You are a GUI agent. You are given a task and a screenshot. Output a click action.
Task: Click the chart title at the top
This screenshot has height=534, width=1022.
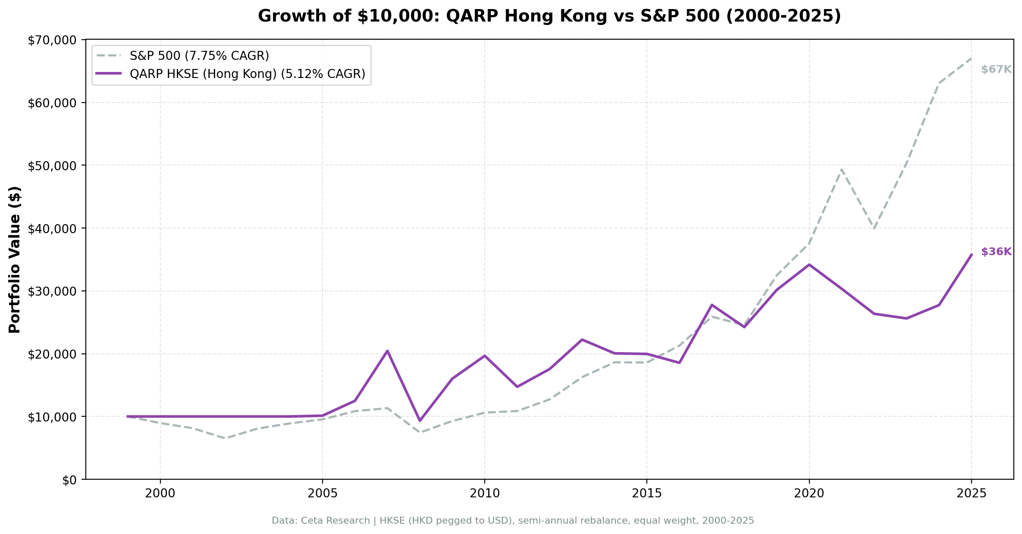pyautogui.click(x=549, y=16)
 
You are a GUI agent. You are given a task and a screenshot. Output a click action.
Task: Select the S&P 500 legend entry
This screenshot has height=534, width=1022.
pyautogui.click(x=199, y=56)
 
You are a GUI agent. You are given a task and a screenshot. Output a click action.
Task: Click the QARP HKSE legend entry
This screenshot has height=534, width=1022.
pyautogui.click(x=247, y=74)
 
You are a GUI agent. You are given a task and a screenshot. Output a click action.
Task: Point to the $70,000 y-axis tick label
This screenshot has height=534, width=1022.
pyautogui.click(x=52, y=41)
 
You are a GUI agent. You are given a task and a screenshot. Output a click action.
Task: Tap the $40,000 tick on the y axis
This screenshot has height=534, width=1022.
pyautogui.click(x=52, y=228)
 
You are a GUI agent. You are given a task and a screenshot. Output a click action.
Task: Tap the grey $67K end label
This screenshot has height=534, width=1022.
pyautogui.click(x=996, y=70)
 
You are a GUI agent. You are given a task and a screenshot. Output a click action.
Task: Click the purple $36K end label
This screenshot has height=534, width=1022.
pyautogui.click(x=996, y=252)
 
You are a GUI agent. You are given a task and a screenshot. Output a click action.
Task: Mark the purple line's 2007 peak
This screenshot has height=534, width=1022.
pyautogui.click(x=387, y=351)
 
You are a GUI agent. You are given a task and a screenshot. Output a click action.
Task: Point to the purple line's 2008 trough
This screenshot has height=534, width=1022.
pyautogui.click(x=420, y=421)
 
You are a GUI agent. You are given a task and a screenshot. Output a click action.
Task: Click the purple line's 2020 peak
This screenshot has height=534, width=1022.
pyautogui.click(x=809, y=265)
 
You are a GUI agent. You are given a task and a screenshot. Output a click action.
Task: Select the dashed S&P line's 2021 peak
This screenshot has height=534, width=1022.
pyautogui.click(x=841, y=169)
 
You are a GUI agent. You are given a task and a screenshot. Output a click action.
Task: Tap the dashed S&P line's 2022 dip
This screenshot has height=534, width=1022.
pyautogui.click(x=874, y=228)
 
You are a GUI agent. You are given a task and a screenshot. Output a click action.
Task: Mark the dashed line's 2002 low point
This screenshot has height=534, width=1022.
pyautogui.click(x=225, y=438)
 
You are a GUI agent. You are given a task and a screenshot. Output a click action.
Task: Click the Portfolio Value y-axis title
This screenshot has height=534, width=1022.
pyautogui.click(x=15, y=259)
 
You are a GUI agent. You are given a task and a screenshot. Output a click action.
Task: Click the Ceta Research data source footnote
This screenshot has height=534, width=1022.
pyautogui.click(x=513, y=521)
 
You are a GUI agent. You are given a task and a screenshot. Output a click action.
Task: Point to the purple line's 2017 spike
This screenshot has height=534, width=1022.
pyautogui.click(x=712, y=305)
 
